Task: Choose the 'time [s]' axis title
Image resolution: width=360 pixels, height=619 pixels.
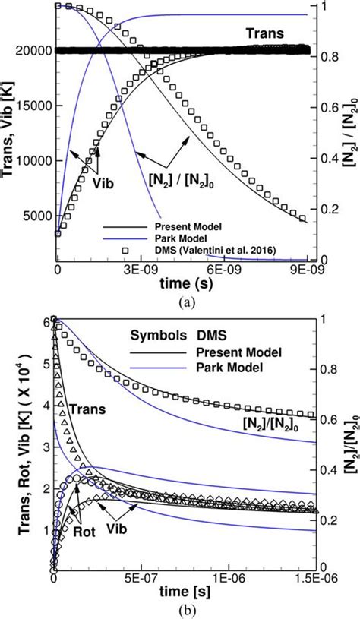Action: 182,592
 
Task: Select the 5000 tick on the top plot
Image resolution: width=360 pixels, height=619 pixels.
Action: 36,215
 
